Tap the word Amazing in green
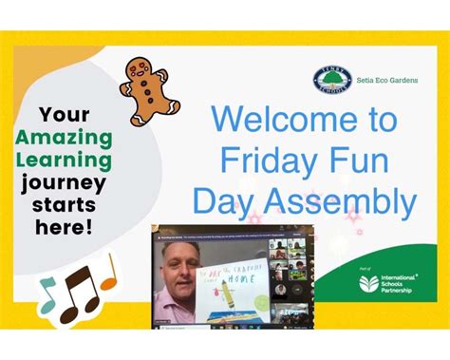point(64,137)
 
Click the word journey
point(64,183)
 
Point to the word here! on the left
point(64,227)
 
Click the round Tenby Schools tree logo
point(332,80)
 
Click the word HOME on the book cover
point(248,270)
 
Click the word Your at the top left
point(64,114)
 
